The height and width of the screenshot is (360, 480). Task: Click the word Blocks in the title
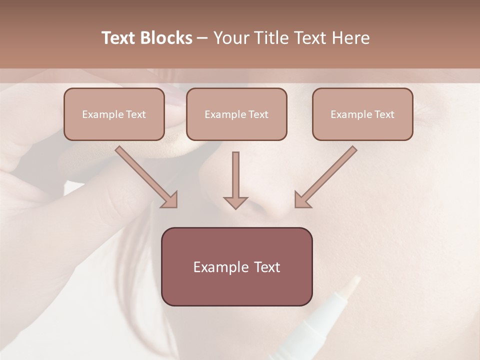point(167,38)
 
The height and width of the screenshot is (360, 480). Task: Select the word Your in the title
point(231,38)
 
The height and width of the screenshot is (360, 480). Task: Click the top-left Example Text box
point(114,114)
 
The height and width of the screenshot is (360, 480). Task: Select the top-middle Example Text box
point(236,114)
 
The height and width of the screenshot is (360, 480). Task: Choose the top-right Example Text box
point(362,114)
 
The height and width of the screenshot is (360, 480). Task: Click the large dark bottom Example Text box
point(236,266)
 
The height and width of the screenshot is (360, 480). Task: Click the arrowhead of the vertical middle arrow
point(235,202)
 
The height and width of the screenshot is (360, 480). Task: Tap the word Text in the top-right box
point(384,114)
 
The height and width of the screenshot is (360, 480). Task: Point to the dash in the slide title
point(202,38)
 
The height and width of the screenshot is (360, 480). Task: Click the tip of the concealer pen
point(356,280)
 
